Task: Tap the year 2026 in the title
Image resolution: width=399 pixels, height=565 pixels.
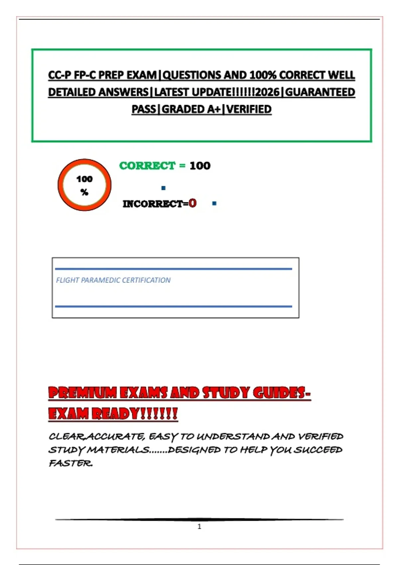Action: pyautogui.click(x=268, y=92)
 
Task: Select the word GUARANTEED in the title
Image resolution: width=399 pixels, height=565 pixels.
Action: pyautogui.click(x=320, y=92)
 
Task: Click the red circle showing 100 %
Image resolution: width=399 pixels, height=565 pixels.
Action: pyautogui.click(x=84, y=185)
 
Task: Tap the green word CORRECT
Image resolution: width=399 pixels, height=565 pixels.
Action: pyautogui.click(x=147, y=166)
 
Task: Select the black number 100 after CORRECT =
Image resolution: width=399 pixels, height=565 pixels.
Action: pyautogui.click(x=200, y=166)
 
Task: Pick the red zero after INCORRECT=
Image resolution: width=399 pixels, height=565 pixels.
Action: pyautogui.click(x=193, y=203)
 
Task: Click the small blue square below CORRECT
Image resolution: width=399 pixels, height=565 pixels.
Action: pyautogui.click(x=163, y=188)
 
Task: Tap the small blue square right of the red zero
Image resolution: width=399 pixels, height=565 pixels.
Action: pyautogui.click(x=214, y=203)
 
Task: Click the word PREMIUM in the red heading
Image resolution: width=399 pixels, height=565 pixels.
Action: pyautogui.click(x=82, y=393)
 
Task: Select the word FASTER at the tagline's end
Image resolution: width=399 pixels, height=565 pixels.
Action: pyautogui.click(x=70, y=463)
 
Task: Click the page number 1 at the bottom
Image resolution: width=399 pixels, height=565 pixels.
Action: pyautogui.click(x=199, y=526)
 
